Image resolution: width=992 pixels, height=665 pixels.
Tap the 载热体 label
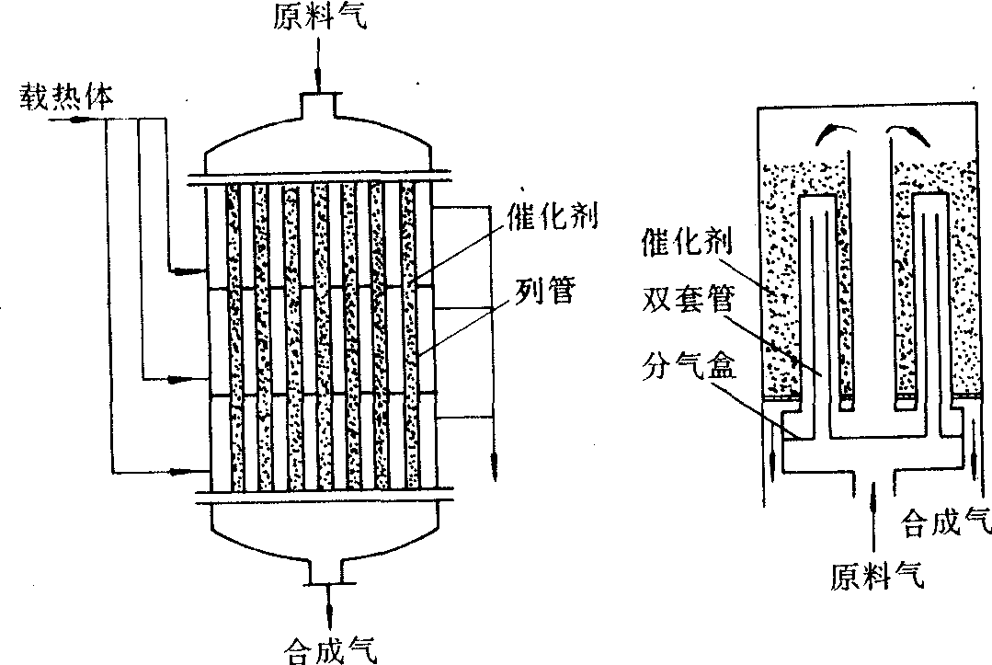coord(64,97)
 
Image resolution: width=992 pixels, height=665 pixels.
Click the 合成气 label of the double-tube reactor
coord(948,523)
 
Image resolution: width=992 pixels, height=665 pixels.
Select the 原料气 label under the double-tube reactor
coord(877,577)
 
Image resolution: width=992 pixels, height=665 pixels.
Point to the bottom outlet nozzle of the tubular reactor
coord(327,571)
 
